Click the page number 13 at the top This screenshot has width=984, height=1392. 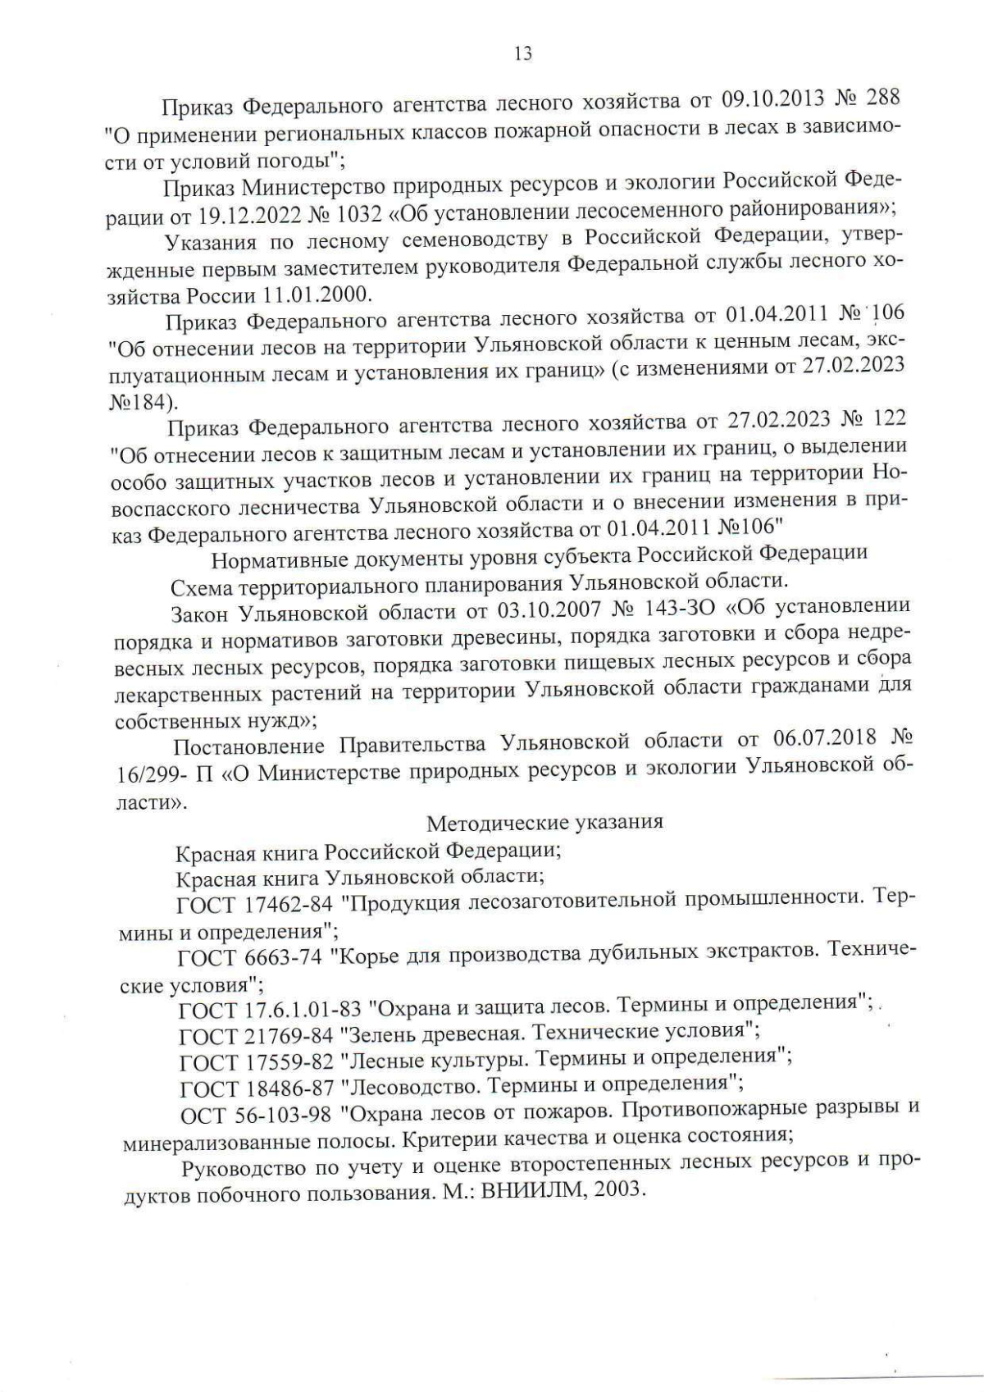[522, 54]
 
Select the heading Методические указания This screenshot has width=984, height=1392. [544, 821]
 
